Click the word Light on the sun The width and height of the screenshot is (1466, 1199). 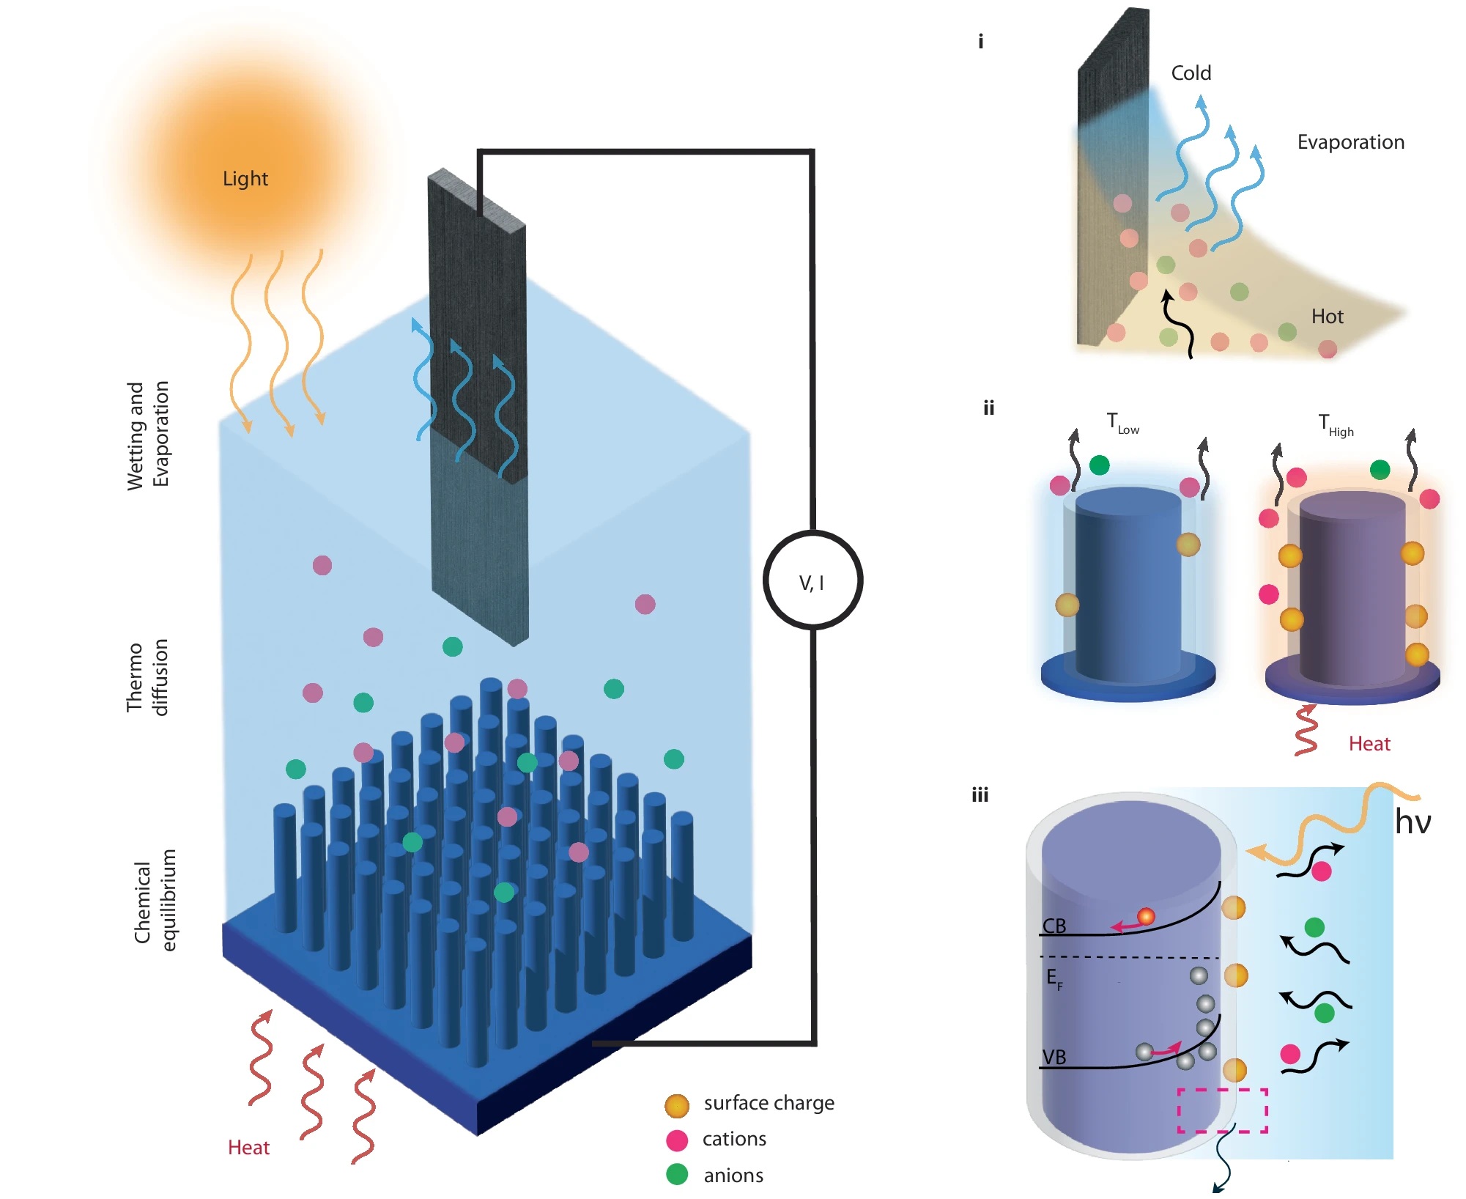[x=245, y=179]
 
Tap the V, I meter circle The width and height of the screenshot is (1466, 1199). [x=812, y=580]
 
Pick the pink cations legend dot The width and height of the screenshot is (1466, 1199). [x=677, y=1140]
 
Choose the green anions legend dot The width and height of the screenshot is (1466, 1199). [x=677, y=1175]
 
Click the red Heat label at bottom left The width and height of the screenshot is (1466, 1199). [x=248, y=1148]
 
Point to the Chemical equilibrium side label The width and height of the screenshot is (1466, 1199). [x=155, y=900]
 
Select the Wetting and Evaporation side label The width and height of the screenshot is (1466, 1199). [x=147, y=434]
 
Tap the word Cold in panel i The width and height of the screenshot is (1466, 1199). [x=1191, y=73]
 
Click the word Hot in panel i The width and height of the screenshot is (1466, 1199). [x=1327, y=317]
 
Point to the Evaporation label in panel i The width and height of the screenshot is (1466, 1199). [x=1350, y=142]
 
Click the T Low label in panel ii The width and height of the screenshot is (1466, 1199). [x=1122, y=424]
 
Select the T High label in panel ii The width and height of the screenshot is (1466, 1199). [x=1335, y=425]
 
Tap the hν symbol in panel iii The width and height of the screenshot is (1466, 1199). [x=1412, y=822]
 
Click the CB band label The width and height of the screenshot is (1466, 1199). [x=1054, y=926]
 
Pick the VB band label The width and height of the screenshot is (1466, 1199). [x=1054, y=1058]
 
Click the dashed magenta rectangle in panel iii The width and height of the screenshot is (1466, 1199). [x=1222, y=1110]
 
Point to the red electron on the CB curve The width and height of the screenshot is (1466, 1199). [x=1146, y=916]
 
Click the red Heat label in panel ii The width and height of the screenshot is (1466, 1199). [x=1369, y=744]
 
